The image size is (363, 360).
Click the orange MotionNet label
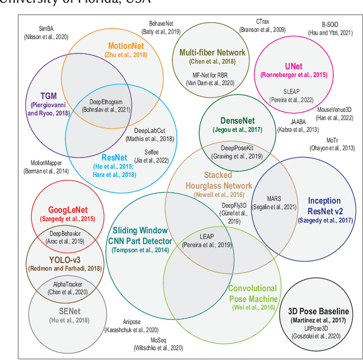[126, 45]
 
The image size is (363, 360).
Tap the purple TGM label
[49, 96]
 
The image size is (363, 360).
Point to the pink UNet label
[294, 65]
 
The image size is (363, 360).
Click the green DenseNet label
[238, 121]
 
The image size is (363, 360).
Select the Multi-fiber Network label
[212, 52]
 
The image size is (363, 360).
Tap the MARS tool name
[274, 199]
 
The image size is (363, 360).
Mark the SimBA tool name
[46, 28]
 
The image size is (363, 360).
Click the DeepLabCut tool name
[150, 130]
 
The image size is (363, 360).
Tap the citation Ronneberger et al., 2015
[294, 75]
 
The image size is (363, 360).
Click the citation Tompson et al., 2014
[140, 250]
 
